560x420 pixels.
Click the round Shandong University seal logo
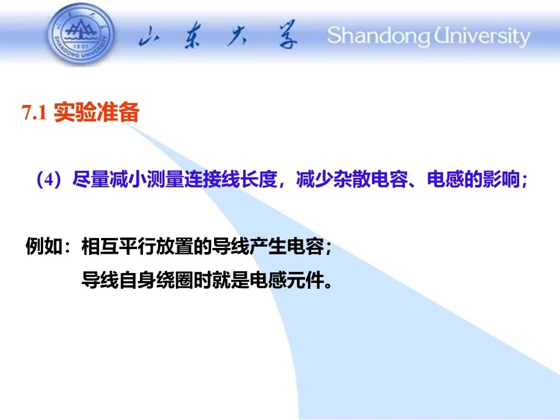click(x=82, y=34)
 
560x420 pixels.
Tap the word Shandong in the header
click(x=379, y=36)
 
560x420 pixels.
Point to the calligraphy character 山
click(x=149, y=36)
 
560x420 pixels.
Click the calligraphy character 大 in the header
click(x=237, y=36)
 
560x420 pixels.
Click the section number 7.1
click(x=34, y=113)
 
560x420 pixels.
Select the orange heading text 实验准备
click(x=96, y=113)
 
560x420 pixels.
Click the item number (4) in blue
click(x=50, y=179)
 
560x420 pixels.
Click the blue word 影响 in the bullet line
click(x=501, y=179)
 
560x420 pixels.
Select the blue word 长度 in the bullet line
click(x=259, y=179)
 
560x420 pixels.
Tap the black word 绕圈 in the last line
click(x=174, y=279)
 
